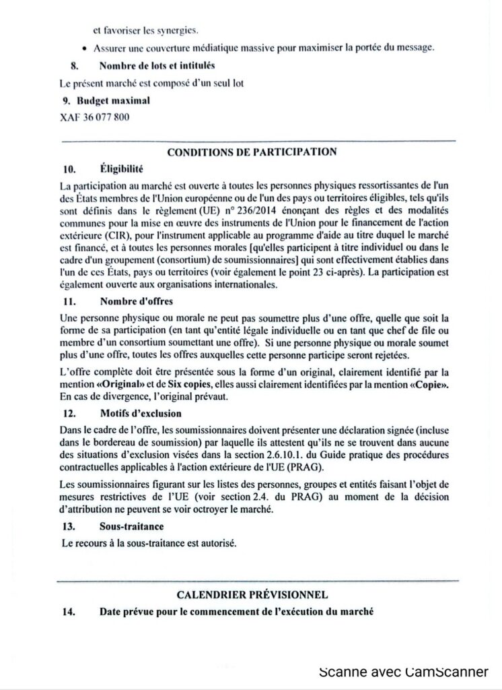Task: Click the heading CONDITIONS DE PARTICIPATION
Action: (x=252, y=152)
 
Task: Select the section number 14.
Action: (x=67, y=612)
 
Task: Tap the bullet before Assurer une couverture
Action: (x=83, y=47)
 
